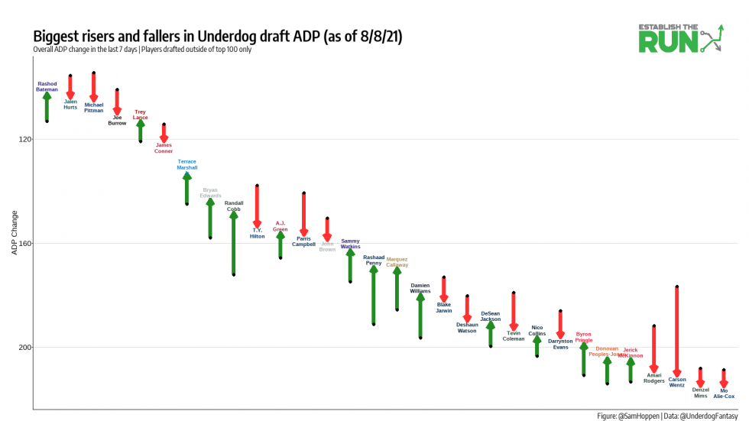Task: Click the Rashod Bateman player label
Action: pos(47,86)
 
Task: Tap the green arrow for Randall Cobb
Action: pos(234,243)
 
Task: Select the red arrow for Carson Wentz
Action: pos(677,331)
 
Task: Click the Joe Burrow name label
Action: pos(117,120)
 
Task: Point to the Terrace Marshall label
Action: pos(187,164)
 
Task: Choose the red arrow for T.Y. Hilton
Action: pos(258,206)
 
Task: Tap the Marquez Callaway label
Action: pos(397,261)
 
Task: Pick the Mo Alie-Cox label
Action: pos(724,393)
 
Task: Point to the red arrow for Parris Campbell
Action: pos(304,214)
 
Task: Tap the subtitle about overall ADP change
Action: pos(142,50)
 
